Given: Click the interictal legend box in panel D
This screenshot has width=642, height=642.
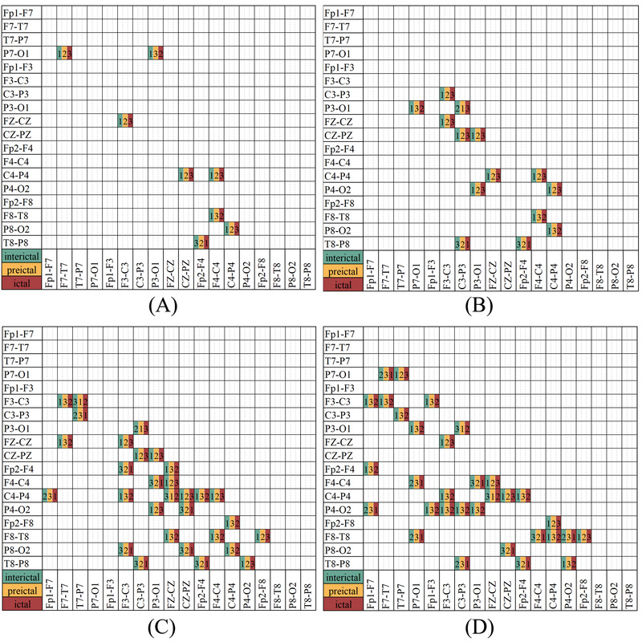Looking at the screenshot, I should pyautogui.click(x=343, y=576).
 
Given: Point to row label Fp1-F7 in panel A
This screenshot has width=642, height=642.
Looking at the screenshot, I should pyautogui.click(x=19, y=13).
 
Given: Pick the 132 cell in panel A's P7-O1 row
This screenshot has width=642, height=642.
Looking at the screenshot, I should pyautogui.click(x=156, y=53).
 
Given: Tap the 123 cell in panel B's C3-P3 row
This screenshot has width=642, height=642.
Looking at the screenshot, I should pyautogui.click(x=447, y=95).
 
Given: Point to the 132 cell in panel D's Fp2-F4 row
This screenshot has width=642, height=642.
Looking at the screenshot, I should pyautogui.click(x=371, y=468).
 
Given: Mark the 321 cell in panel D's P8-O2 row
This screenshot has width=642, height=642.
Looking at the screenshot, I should pyautogui.click(x=508, y=549).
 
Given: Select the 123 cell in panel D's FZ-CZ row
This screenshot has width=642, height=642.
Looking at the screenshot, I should pyautogui.click(x=447, y=441).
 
